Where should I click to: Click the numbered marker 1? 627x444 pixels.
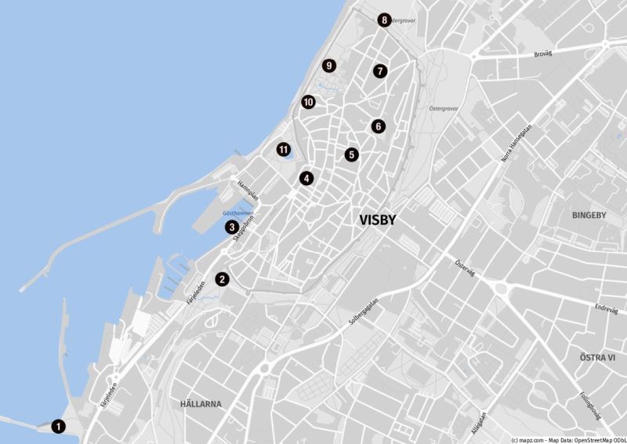coord(58,427)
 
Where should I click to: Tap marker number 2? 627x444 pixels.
coord(223,278)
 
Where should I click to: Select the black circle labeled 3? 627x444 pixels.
coord(232,227)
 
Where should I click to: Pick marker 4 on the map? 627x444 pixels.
coord(306,178)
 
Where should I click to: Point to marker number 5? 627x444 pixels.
coord(351,155)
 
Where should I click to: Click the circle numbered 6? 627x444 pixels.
coord(378,126)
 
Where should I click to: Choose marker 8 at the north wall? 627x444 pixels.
coord(383,20)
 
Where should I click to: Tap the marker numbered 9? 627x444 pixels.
coord(328,66)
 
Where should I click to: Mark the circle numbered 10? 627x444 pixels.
coord(308,102)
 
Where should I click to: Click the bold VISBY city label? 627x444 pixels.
coord(378,221)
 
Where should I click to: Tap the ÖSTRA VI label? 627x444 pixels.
coord(597,357)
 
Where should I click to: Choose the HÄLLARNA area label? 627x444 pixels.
coord(201,404)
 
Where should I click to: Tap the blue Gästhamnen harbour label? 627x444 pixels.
coord(237,213)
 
